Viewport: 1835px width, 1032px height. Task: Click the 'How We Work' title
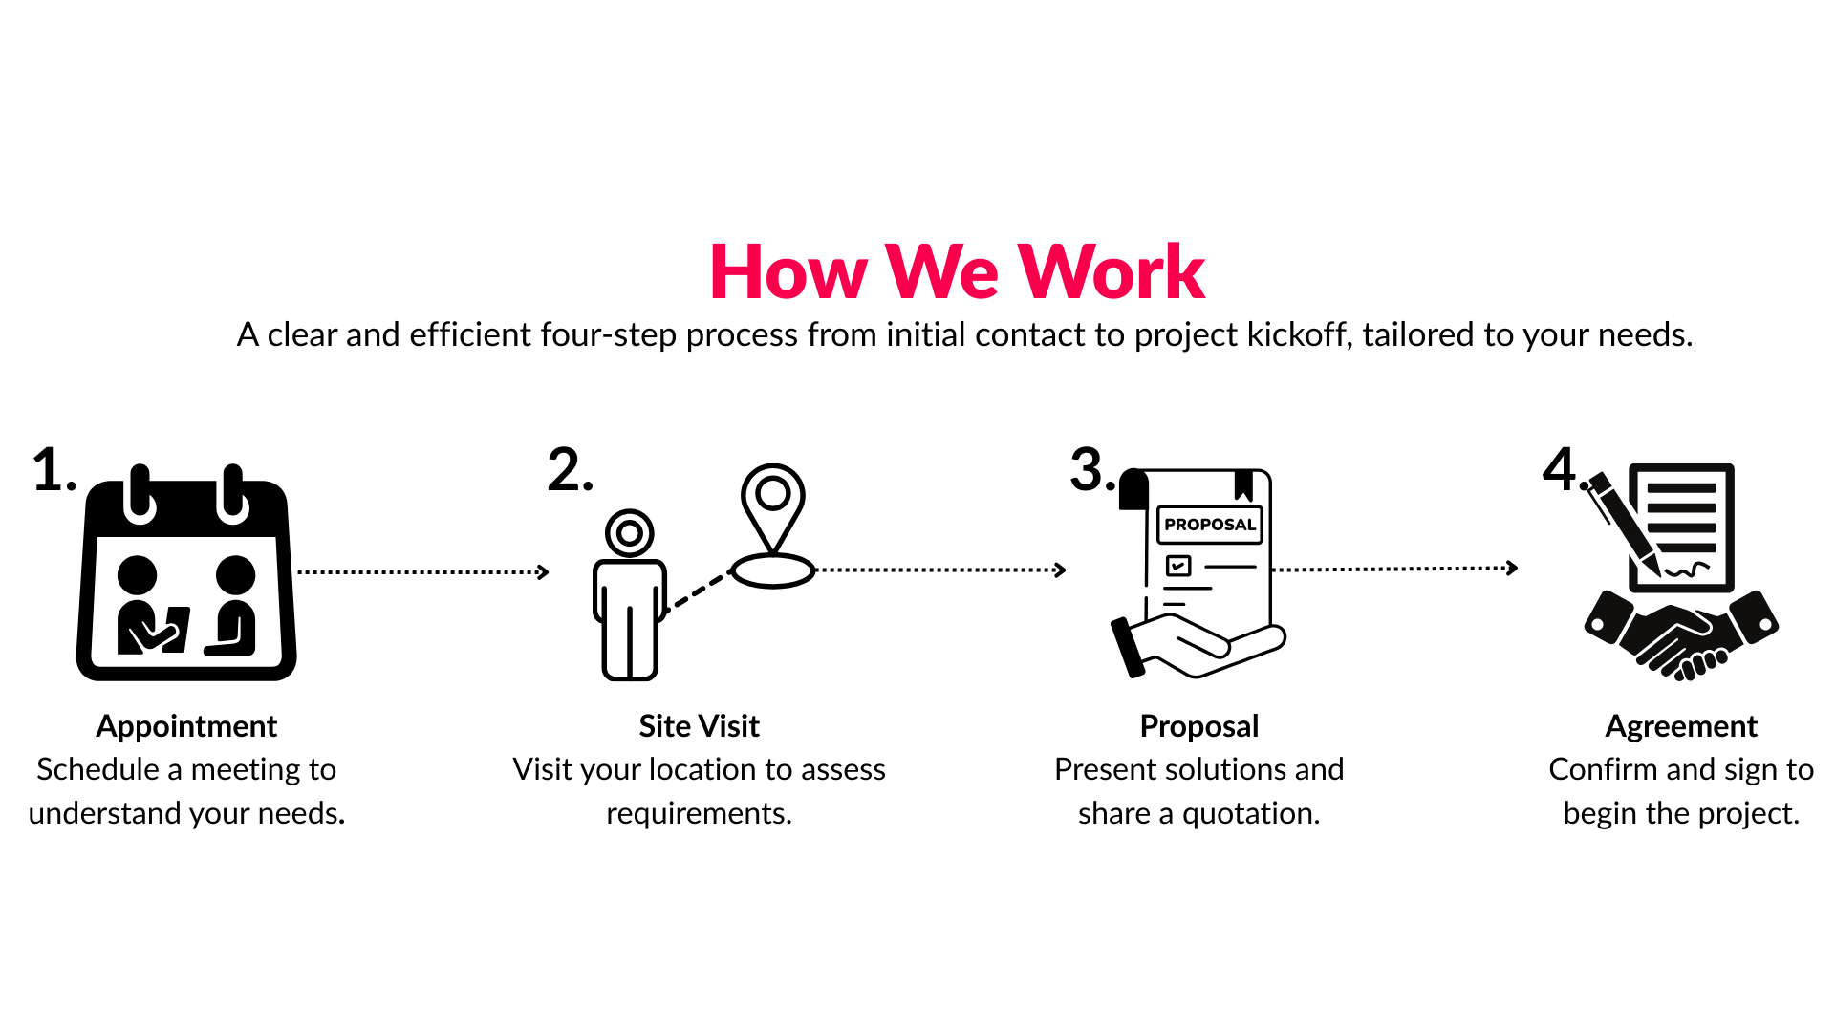pyautogui.click(x=957, y=272)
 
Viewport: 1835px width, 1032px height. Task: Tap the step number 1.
pyautogui.click(x=54, y=470)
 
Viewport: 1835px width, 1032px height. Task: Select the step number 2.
pyautogui.click(x=570, y=470)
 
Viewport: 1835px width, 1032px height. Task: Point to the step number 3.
pyautogui.click(x=1091, y=470)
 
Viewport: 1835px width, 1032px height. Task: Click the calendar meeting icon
pyautogui.click(x=186, y=572)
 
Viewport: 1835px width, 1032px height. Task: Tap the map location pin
pyautogui.click(x=773, y=526)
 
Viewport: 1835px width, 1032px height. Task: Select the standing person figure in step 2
pyautogui.click(x=630, y=594)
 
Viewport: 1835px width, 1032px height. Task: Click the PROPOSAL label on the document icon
pyautogui.click(x=1210, y=525)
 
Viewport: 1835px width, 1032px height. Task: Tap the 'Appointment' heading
pyautogui.click(x=186, y=726)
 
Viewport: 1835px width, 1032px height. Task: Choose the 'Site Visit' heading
pyautogui.click(x=700, y=726)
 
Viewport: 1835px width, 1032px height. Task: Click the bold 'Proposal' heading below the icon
pyautogui.click(x=1199, y=726)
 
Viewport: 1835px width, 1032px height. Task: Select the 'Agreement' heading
pyautogui.click(x=1681, y=726)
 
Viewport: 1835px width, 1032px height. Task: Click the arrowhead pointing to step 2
pyautogui.click(x=544, y=572)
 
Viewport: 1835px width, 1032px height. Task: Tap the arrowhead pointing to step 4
pyautogui.click(x=1512, y=568)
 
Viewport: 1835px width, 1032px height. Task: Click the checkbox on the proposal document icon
pyautogui.click(x=1178, y=566)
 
